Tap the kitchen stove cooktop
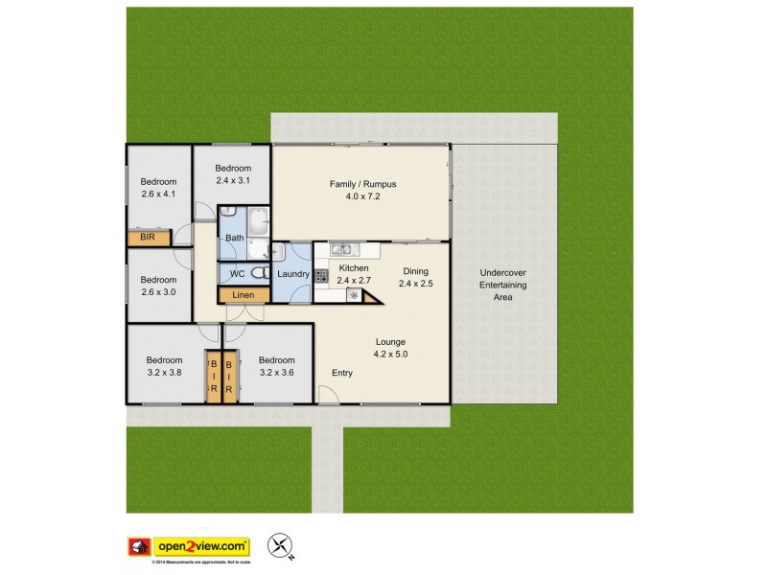[321, 275]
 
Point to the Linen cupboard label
[244, 295]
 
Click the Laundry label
[291, 275]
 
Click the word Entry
[342, 373]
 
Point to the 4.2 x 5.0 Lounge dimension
[390, 355]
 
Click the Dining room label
[415, 271]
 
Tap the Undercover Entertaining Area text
[502, 285]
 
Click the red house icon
[139, 545]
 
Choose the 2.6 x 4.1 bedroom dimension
[158, 195]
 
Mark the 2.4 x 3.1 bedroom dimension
[232, 180]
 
